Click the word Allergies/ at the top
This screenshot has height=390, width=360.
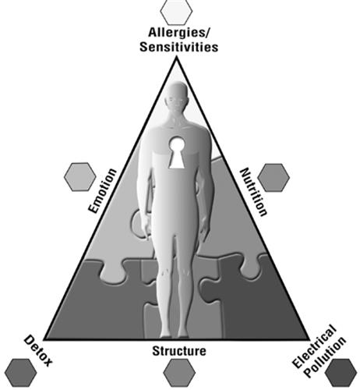coord(179,33)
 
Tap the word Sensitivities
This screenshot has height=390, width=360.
coord(179,47)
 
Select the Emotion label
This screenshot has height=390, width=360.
coord(102,191)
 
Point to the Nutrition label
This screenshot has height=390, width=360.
coord(253,192)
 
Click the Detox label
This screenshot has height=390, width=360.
coord(38,351)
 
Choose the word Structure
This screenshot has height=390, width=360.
coord(179,351)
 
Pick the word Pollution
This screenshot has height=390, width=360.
coord(325,357)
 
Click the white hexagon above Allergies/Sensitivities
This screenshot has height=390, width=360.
coord(176,11)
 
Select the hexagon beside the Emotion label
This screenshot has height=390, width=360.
coord(80,177)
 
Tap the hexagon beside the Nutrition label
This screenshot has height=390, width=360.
coord(274,178)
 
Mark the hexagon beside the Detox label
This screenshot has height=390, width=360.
coord(20,373)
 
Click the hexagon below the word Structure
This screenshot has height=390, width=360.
coord(179,373)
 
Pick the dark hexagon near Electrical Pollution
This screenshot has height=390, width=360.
coord(341,373)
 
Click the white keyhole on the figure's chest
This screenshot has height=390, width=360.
coord(177,153)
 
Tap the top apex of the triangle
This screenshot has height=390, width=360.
coord(177,58)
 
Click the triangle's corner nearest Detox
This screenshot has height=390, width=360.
coord(44,339)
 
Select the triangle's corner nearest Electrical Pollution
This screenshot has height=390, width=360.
coord(309,339)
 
